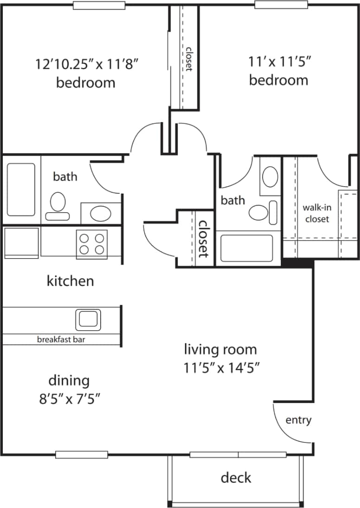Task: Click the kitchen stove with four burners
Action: click(92, 244)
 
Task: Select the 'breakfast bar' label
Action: click(61, 339)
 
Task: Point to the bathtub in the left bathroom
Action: click(21, 189)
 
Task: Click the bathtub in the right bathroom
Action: click(246, 248)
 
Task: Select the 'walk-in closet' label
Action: click(317, 213)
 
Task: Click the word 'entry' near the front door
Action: click(298, 420)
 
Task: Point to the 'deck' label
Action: click(236, 477)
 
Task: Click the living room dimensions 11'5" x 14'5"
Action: click(220, 368)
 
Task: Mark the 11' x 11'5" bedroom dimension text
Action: click(279, 61)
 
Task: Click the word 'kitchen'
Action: click(71, 281)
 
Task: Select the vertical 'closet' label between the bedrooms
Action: click(189, 59)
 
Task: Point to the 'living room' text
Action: click(220, 349)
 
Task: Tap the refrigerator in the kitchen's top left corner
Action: click(21, 242)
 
